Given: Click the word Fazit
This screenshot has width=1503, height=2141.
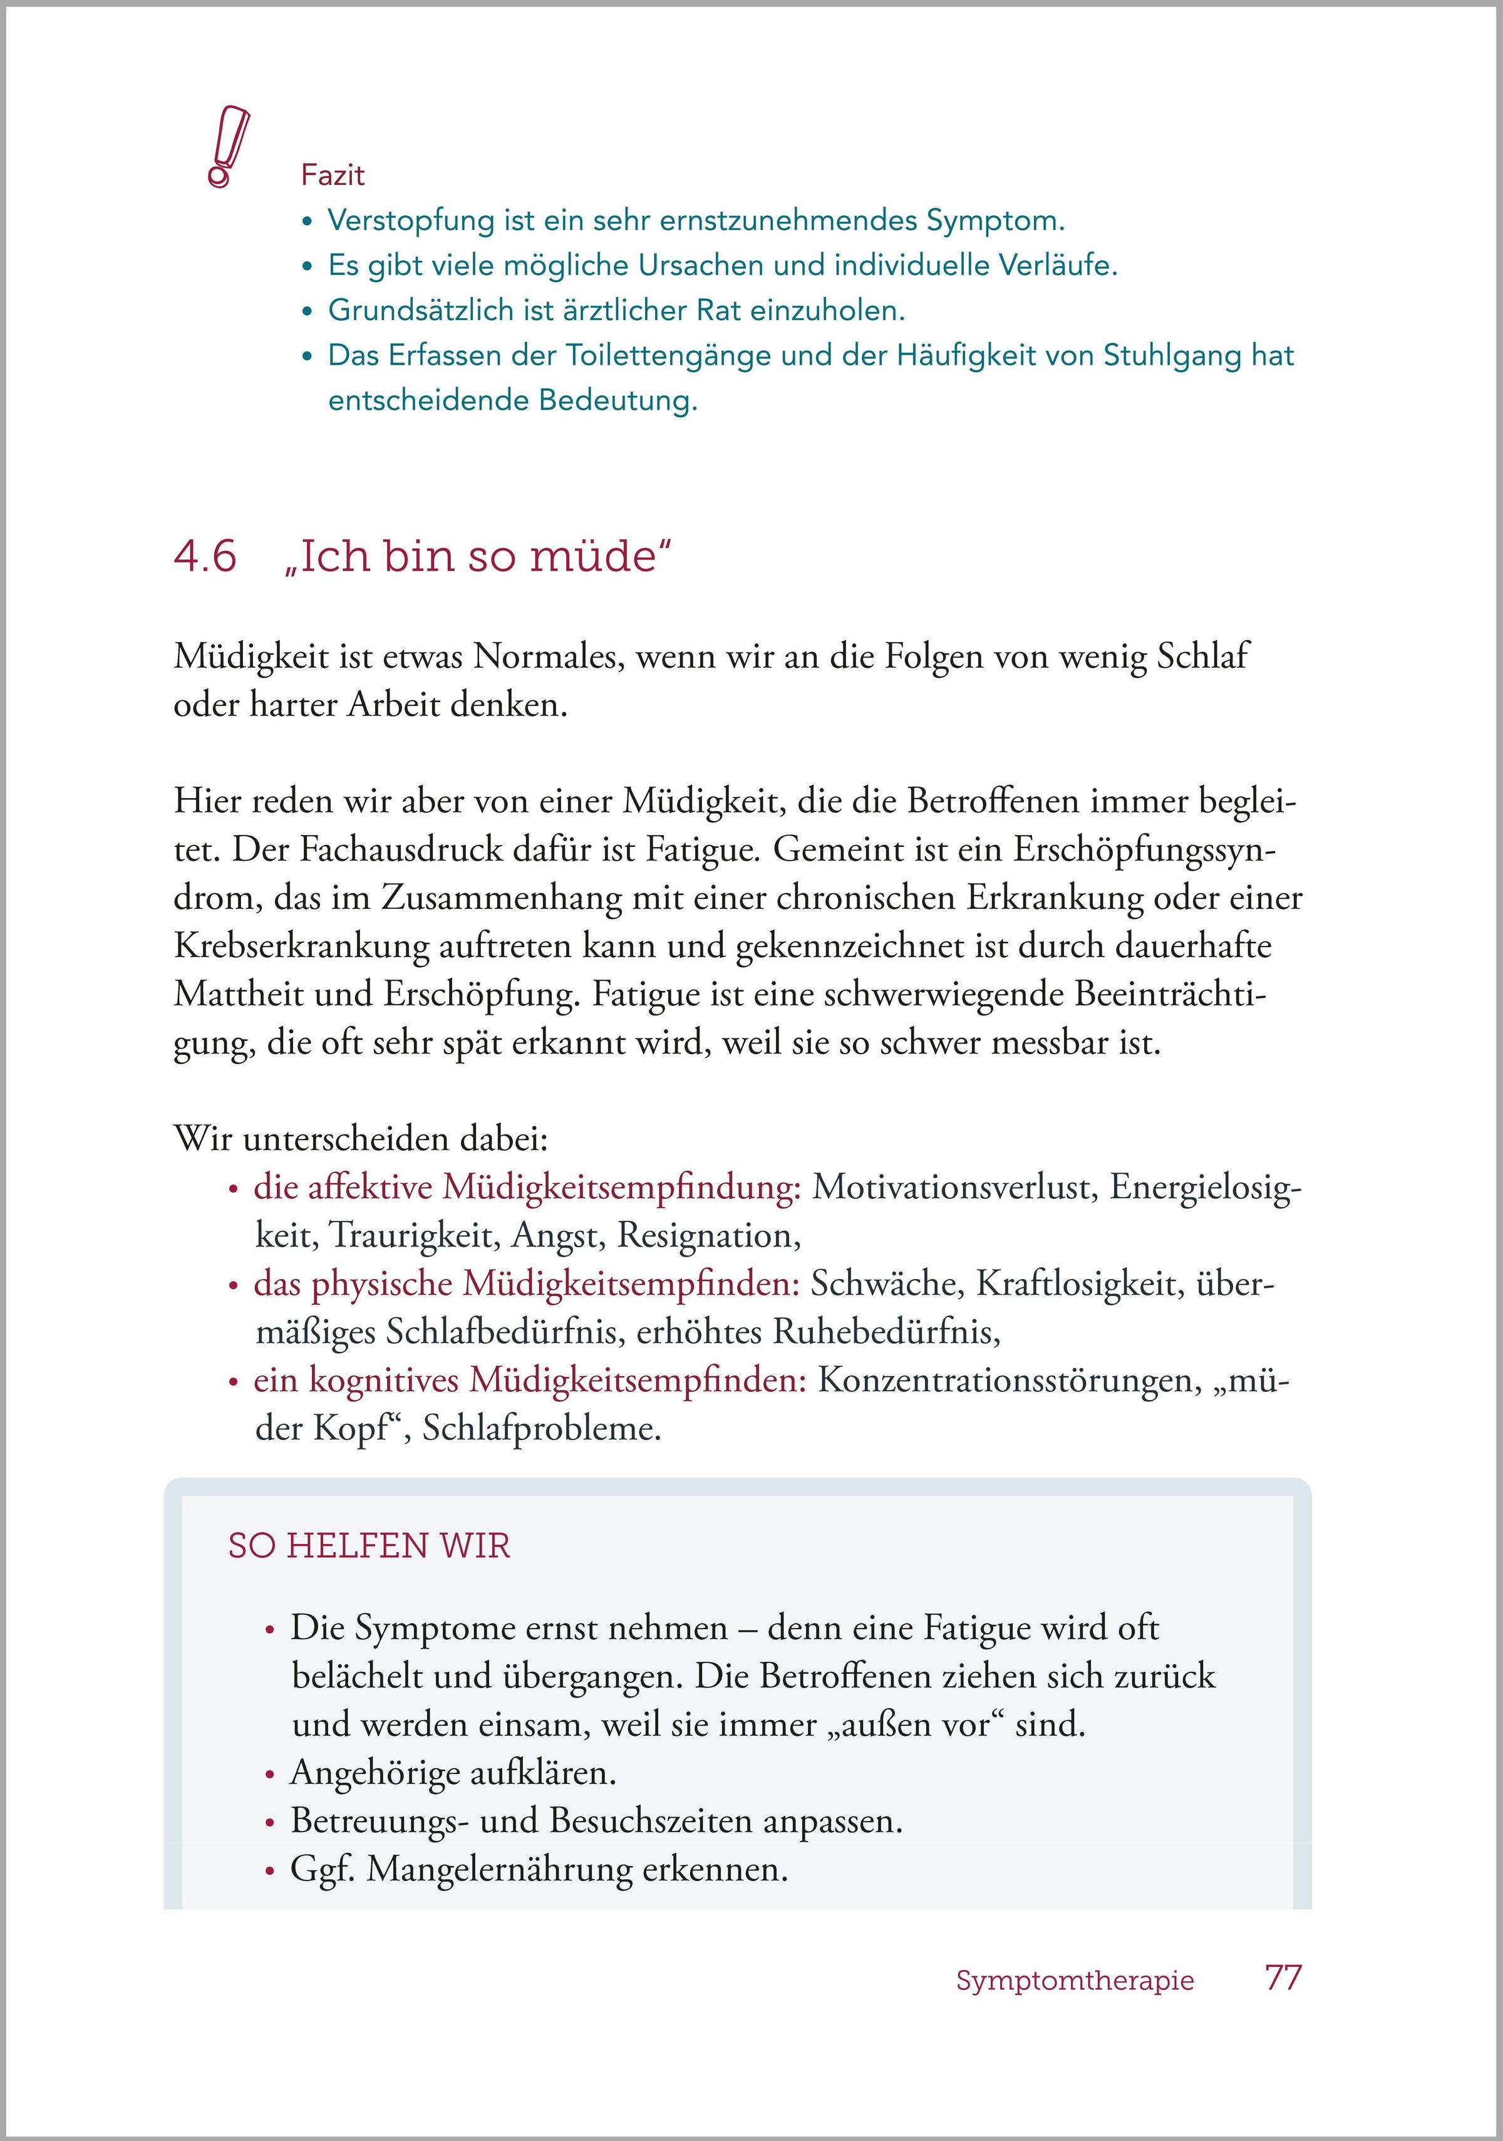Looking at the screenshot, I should (x=333, y=175).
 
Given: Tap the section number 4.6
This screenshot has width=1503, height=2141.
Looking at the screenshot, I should (x=205, y=557).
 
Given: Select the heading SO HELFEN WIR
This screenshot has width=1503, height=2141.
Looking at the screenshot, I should (x=369, y=1546).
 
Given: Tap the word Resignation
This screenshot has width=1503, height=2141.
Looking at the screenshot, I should (x=709, y=1236).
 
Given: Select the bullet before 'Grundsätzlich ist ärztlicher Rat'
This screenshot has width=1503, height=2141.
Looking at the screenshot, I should (x=307, y=311).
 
